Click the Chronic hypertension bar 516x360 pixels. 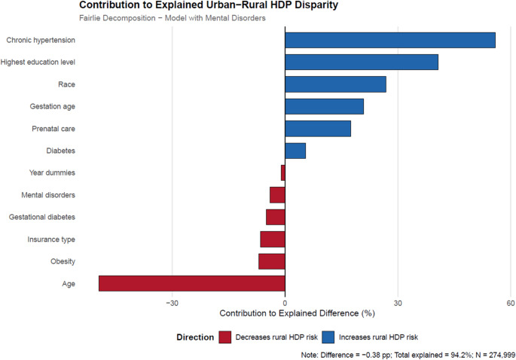click(390, 40)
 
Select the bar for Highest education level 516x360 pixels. click(362, 63)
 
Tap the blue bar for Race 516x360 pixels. click(335, 84)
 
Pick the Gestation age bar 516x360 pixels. click(324, 106)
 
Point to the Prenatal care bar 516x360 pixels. click(318, 129)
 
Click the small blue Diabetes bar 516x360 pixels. click(295, 151)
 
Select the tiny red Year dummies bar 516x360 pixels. click(283, 172)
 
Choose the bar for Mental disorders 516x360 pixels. click(277, 195)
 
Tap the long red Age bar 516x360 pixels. click(192, 283)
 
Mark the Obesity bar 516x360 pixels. click(272, 261)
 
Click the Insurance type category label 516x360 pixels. click(51, 239)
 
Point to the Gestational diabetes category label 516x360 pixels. click(41, 217)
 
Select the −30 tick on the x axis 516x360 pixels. click(172, 303)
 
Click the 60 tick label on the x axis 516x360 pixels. click(511, 303)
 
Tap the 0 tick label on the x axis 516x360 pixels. click(285, 303)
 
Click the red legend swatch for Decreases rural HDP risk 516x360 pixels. click(225, 337)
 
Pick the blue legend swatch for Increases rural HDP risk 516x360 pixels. click(328, 337)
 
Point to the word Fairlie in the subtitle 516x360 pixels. click(90, 18)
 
